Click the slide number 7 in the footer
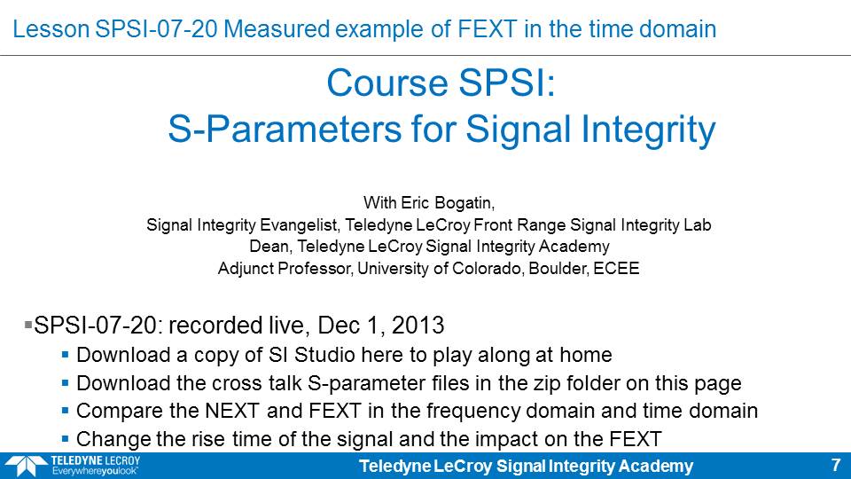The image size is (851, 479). coord(836,465)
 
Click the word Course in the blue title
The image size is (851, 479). coord(387,83)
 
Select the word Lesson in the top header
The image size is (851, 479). coord(51,28)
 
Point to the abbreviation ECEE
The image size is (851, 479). coord(616,268)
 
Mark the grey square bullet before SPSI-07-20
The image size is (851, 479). coord(28,326)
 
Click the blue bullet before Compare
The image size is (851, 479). coord(65,411)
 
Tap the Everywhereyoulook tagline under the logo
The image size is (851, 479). coord(95,471)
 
